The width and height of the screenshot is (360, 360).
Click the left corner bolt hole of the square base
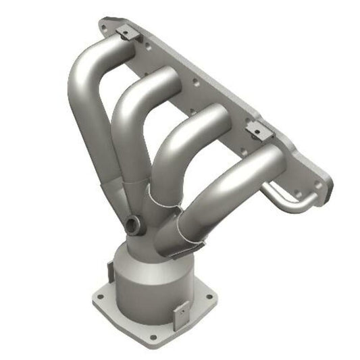[x=100, y=296]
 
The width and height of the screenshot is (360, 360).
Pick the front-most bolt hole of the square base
[x=153, y=336]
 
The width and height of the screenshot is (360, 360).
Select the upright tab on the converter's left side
[x=110, y=271]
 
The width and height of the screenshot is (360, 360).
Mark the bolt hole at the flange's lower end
[x=318, y=184]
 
